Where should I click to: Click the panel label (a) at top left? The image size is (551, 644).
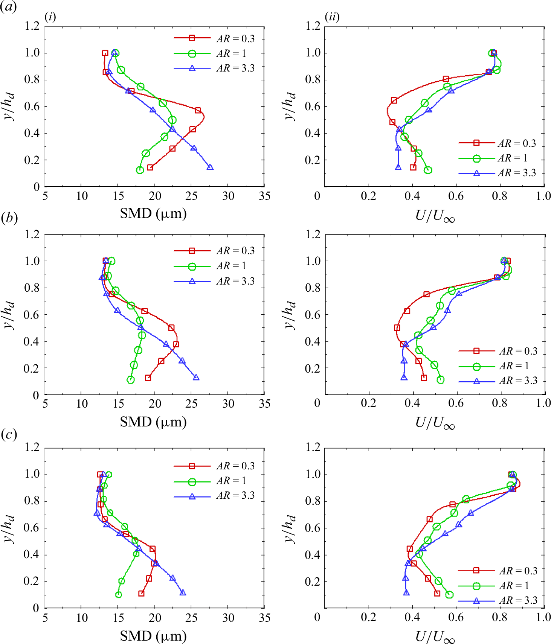tap(8, 7)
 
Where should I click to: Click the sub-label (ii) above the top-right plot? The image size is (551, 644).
tap(332, 17)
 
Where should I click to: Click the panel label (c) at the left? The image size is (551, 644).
tap(8, 434)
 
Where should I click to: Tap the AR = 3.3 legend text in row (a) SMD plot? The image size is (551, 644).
tap(235, 69)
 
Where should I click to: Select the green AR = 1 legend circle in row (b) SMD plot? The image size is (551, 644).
tap(192, 266)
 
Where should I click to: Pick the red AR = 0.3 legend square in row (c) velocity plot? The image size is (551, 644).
tap(476, 571)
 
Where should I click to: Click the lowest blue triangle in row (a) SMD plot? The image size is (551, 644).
tap(210, 167)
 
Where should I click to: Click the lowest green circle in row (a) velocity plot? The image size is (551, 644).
tap(428, 170)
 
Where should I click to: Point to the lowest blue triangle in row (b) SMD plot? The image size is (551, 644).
tap(196, 378)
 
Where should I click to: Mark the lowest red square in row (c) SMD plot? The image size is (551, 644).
tap(141, 594)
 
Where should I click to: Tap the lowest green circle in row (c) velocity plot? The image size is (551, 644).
tap(449, 595)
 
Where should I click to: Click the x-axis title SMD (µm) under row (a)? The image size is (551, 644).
tap(153, 214)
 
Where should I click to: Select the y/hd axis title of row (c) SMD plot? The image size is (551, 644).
tap(10, 528)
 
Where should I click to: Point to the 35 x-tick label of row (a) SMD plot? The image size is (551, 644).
tap(264, 196)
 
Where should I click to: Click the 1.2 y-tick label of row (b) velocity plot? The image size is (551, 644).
tap(313, 235)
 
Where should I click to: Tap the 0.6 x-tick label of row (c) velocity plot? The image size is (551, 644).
tap(456, 617)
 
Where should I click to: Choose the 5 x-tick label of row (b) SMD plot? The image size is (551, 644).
tap(45, 404)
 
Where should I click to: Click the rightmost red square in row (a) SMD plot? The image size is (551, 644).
tap(198, 110)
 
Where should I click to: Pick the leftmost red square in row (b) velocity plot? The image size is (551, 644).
tap(397, 328)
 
